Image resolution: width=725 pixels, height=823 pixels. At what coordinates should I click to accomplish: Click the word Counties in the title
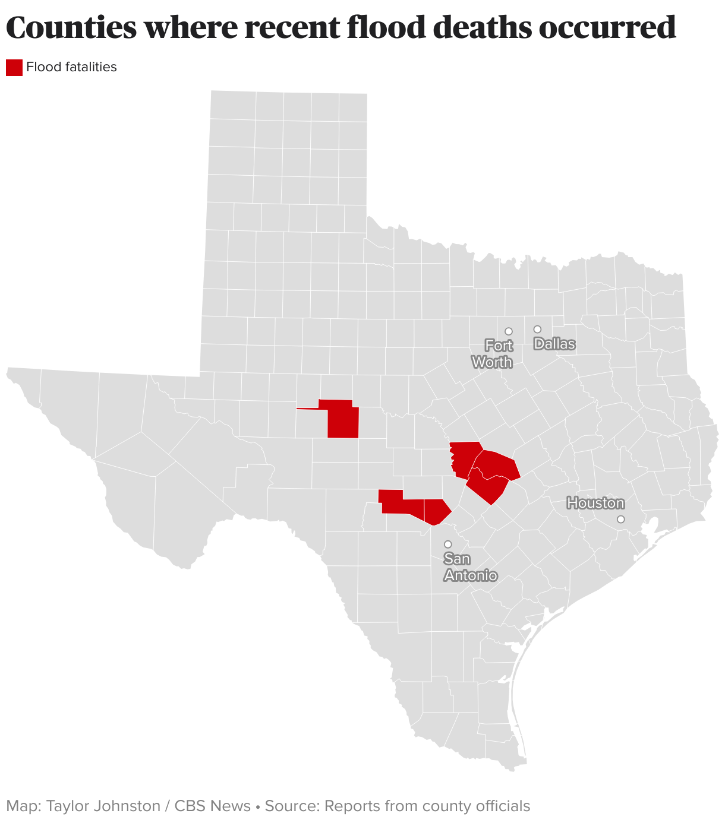pyautogui.click(x=70, y=27)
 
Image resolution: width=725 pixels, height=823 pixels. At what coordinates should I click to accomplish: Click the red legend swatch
pyautogui.click(x=14, y=68)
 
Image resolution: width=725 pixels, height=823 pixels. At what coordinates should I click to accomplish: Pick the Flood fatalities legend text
pyautogui.click(x=71, y=67)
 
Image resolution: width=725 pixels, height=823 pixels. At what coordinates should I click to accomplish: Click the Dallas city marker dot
pyautogui.click(x=537, y=329)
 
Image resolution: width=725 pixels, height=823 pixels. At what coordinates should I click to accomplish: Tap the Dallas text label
pyautogui.click(x=554, y=344)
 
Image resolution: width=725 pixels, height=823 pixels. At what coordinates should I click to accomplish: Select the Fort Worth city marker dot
pyautogui.click(x=509, y=331)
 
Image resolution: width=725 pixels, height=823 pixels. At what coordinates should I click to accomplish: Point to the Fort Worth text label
pyautogui.click(x=493, y=354)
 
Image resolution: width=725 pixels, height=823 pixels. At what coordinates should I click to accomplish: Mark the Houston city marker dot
pyautogui.click(x=621, y=519)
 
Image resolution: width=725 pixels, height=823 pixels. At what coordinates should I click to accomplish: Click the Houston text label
pyautogui.click(x=595, y=504)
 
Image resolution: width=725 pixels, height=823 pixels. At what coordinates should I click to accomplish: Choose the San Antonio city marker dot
pyautogui.click(x=448, y=544)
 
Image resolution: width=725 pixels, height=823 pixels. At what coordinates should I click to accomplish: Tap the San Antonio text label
pyautogui.click(x=470, y=567)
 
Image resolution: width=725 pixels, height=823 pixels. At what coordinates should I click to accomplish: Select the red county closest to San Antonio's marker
pyautogui.click(x=437, y=511)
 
